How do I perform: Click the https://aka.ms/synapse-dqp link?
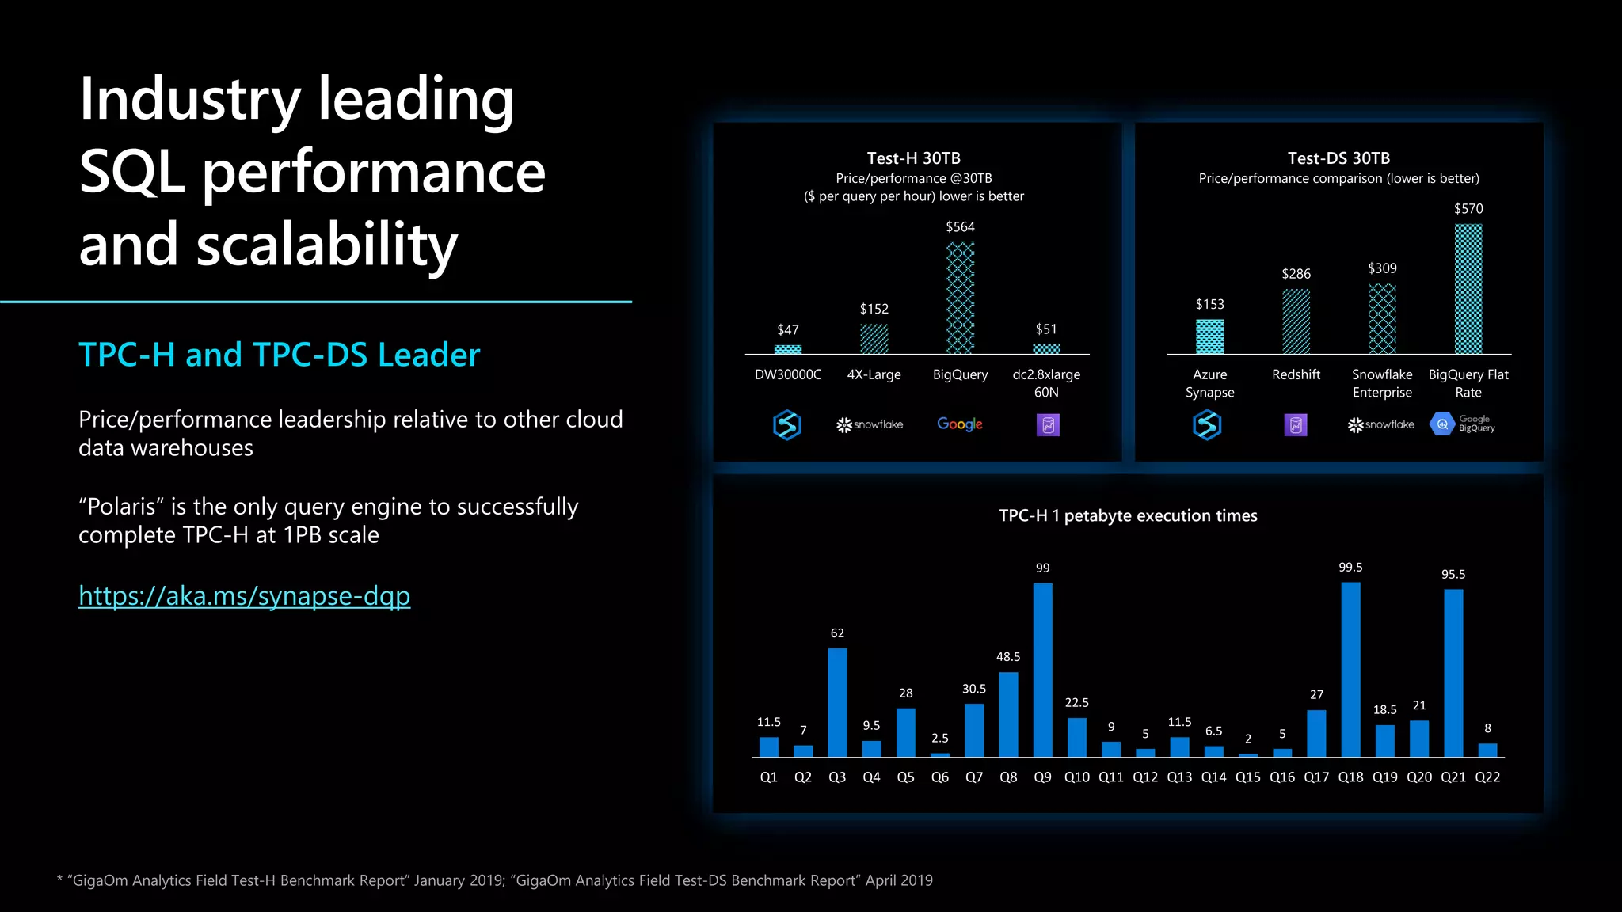coord(244,595)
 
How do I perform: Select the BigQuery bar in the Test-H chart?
coord(960,298)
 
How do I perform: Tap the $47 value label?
coord(787,329)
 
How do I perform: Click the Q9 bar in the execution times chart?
coord(1042,670)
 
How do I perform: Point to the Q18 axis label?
coord(1350,777)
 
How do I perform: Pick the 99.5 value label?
coord(1350,568)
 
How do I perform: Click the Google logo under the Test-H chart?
coord(960,424)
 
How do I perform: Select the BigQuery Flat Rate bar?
coord(1468,289)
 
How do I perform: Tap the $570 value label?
coord(1468,209)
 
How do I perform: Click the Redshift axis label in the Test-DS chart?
coord(1296,374)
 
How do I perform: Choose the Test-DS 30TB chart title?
coord(1338,158)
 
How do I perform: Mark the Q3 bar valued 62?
coord(837,702)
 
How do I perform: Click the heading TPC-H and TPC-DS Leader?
coord(279,355)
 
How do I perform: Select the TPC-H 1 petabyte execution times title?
coord(1128,515)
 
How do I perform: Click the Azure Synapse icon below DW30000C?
coord(786,425)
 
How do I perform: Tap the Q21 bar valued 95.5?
coord(1453,673)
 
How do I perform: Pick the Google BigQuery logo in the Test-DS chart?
coord(1462,424)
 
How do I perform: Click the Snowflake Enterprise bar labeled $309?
coord(1382,319)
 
